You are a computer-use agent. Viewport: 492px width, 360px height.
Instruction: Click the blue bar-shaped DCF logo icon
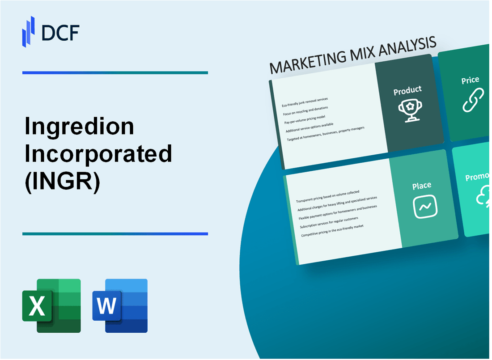(x=29, y=31)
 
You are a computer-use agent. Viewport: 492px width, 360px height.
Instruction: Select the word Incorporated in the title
(x=98, y=153)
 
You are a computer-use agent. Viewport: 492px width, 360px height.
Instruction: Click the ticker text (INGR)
(x=62, y=181)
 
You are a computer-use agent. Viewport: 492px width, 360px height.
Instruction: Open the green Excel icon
(x=51, y=306)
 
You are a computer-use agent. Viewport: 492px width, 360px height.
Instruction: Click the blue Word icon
(x=120, y=306)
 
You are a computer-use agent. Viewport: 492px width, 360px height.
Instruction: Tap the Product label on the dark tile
(x=407, y=90)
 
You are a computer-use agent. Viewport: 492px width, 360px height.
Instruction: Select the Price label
(x=470, y=80)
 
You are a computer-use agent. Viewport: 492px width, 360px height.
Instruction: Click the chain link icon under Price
(x=473, y=101)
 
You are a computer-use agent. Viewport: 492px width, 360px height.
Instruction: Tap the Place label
(x=422, y=185)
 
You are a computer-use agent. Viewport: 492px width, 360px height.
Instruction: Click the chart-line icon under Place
(x=425, y=207)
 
